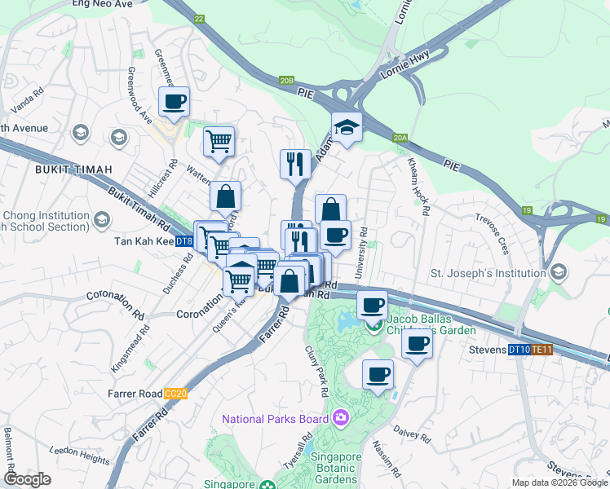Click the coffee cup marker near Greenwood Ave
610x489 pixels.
175,103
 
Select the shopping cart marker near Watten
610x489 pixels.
219,142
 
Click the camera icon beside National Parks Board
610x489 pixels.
341,419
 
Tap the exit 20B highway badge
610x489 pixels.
286,81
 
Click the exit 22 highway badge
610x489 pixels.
199,18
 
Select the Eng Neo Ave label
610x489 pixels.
102,4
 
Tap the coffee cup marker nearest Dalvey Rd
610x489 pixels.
378,375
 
